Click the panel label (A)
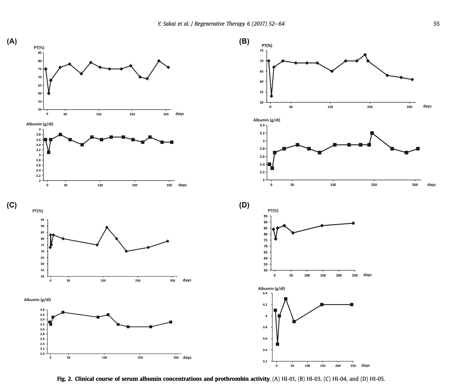[x=12, y=41]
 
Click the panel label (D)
[x=244, y=205]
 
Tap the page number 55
[x=436, y=24]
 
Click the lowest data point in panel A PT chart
[x=49, y=93]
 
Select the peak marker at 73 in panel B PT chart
[x=365, y=55]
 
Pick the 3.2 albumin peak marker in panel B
[x=372, y=133]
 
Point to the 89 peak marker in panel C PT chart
[x=107, y=227]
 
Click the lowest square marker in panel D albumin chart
[x=278, y=344]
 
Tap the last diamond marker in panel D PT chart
[x=353, y=223]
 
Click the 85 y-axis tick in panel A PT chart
[x=40, y=53]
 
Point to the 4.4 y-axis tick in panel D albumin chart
[x=265, y=293]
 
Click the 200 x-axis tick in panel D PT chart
[x=339, y=276]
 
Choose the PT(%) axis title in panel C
[x=38, y=211]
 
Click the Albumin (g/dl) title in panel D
[x=271, y=289]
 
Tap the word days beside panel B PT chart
[x=427, y=106]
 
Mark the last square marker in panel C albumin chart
[x=171, y=322]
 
